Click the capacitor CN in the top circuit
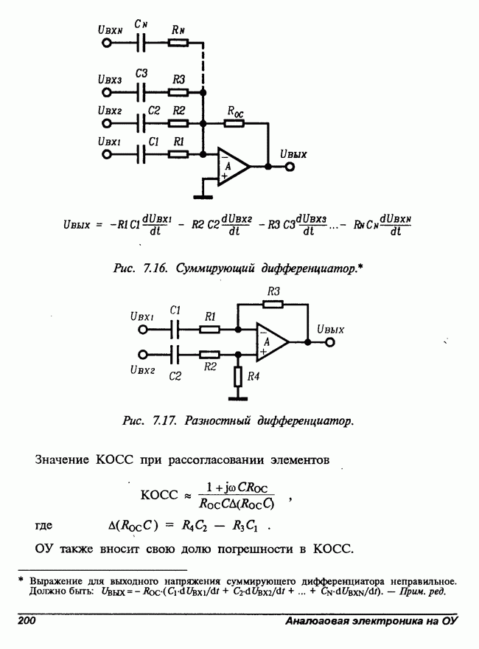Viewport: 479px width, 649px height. tap(141, 43)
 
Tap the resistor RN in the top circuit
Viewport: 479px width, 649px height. tap(178, 43)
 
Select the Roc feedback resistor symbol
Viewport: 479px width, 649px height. tap(234, 123)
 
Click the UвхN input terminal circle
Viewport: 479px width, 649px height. tap(107, 43)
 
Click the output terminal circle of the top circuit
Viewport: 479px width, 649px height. tap(290, 167)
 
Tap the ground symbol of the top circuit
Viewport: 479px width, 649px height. tap(203, 197)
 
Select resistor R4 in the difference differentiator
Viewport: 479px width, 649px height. tap(238, 377)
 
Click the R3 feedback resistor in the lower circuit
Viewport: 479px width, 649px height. tap(273, 305)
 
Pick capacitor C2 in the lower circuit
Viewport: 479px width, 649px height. tap(175, 355)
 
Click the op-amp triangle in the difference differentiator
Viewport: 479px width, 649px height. tap(272, 342)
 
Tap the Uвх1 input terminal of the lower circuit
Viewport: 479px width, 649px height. tap(143, 330)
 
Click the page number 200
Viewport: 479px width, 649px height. tap(27, 620)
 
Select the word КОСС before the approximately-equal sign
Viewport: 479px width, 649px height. tap(159, 495)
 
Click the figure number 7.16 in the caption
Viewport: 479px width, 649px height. tap(155, 268)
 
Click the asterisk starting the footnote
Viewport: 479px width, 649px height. tap(21, 580)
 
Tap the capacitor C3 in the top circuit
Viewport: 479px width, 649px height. tap(141, 92)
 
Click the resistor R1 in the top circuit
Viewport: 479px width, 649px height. tap(178, 154)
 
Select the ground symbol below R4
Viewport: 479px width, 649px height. tap(238, 398)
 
